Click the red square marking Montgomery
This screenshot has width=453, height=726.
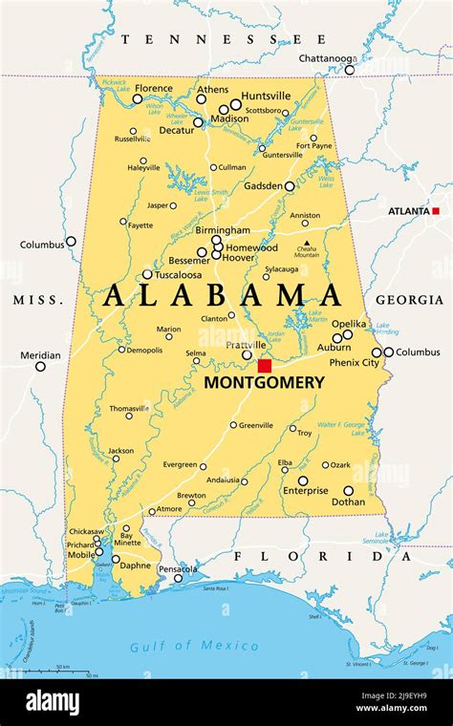tap(265, 365)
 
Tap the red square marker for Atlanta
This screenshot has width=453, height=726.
tap(436, 210)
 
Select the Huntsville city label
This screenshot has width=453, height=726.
tap(266, 96)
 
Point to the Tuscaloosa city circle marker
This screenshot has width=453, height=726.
tap(147, 274)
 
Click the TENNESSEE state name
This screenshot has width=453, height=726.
tap(224, 39)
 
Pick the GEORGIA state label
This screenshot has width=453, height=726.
tap(409, 300)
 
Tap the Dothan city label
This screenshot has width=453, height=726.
tap(348, 502)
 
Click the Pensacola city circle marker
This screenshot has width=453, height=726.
tap(178, 578)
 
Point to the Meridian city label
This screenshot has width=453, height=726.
tap(40, 355)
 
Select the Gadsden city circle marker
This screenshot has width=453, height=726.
tap(290, 186)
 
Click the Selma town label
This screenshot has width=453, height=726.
tap(195, 352)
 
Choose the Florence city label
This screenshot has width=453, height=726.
tap(154, 88)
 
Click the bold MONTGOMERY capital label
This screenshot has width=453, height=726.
tap(264, 382)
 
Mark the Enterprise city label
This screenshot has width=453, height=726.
tap(305, 491)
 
